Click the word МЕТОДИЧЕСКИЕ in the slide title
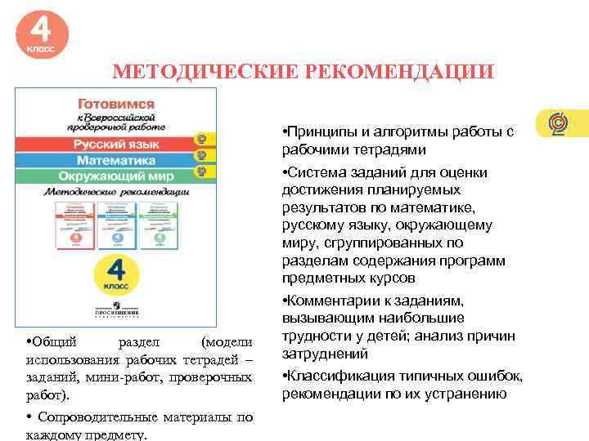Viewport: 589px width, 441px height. click(x=205, y=72)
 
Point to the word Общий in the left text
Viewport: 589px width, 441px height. click(x=53, y=342)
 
